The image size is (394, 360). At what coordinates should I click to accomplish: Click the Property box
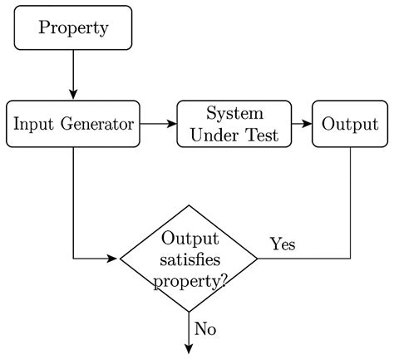coord(73,27)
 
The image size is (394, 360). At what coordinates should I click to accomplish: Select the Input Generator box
coord(73,124)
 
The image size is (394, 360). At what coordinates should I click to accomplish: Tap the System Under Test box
coord(234,124)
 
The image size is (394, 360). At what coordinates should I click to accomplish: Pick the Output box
coord(350,124)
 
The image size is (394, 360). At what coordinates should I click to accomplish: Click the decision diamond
coord(190,259)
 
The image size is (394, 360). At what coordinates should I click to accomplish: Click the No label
coord(205,328)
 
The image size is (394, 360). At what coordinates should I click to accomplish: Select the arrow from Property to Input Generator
coord(73,75)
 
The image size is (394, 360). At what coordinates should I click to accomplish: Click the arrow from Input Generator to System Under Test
coord(158,124)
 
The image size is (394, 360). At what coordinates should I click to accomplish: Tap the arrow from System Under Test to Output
coord(302,124)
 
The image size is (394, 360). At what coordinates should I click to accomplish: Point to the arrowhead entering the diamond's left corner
coord(115,259)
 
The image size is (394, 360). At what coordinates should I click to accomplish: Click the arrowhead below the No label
coord(190,348)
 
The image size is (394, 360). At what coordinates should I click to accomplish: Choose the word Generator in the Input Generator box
coord(101,124)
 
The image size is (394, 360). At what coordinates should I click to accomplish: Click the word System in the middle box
coord(234,113)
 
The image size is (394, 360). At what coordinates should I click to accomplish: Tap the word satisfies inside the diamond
coord(190,259)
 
